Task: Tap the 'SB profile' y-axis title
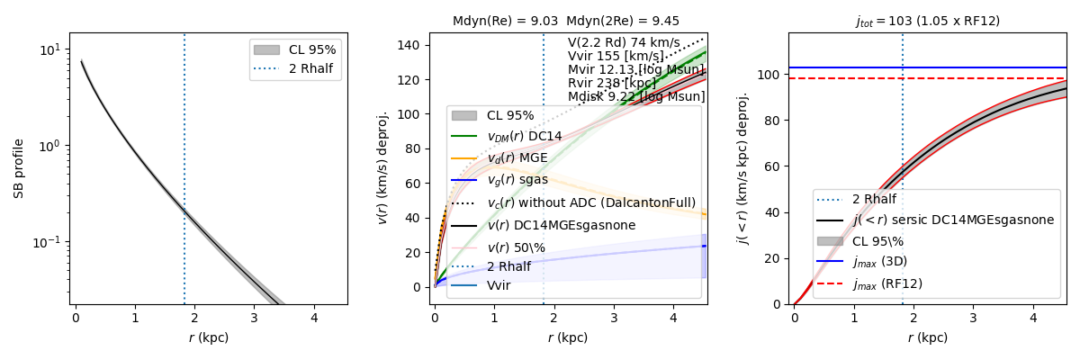[x=19, y=168]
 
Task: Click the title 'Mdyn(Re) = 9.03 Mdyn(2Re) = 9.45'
[x=566, y=21]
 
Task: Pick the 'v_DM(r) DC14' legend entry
[x=524, y=136]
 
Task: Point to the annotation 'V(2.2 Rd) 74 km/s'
[x=624, y=42]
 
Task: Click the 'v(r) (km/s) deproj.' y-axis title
[x=382, y=168]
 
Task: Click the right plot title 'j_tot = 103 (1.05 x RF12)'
[x=927, y=21]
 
